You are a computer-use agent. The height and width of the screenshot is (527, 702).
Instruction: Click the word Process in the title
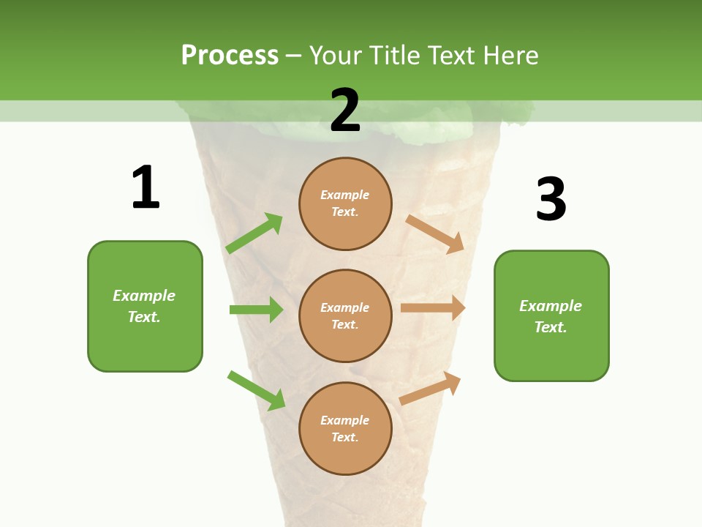pyautogui.click(x=230, y=56)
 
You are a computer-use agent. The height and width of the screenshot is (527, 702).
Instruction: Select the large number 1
pyautogui.click(x=146, y=187)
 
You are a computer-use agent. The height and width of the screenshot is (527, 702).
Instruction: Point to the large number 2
pyautogui.click(x=345, y=111)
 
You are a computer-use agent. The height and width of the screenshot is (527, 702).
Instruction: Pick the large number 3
pyautogui.click(x=551, y=200)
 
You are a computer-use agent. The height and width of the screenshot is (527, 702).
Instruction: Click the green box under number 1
pyautogui.click(x=145, y=306)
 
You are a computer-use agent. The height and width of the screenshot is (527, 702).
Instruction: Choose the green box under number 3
pyautogui.click(x=551, y=316)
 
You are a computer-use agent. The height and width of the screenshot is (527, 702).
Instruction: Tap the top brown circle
pyautogui.click(x=345, y=203)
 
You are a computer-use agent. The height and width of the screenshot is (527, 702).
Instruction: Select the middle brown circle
pyautogui.click(x=345, y=315)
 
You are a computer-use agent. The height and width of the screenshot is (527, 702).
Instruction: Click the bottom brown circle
pyautogui.click(x=345, y=428)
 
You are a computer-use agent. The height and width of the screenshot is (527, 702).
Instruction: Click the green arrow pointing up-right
pyautogui.click(x=254, y=233)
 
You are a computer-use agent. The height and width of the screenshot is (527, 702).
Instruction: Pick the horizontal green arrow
pyautogui.click(x=256, y=310)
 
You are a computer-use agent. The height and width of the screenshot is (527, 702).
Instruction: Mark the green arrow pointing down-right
pyautogui.click(x=256, y=389)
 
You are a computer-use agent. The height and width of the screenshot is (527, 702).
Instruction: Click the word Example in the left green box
pyautogui.click(x=144, y=296)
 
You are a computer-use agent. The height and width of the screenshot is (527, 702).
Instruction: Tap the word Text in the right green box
pyautogui.click(x=550, y=327)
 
